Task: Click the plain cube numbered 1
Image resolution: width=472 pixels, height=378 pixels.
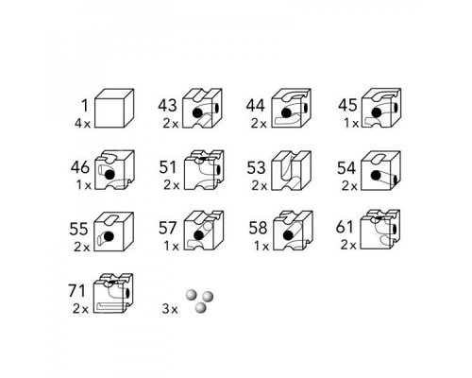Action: tap(114, 108)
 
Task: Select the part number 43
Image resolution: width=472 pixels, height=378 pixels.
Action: tap(167, 105)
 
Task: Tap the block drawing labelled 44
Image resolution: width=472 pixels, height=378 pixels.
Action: tap(292, 108)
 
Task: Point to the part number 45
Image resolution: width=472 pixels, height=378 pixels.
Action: tap(347, 105)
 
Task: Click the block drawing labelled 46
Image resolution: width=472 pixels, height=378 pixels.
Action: tap(114, 170)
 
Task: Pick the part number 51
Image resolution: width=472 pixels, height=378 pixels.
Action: tap(167, 167)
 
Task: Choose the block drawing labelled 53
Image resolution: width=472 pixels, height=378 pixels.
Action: tap(292, 170)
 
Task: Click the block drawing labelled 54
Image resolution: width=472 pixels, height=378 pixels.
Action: tap(380, 170)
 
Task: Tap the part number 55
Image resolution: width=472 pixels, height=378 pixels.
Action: tap(78, 229)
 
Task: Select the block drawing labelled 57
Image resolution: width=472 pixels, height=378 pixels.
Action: tap(204, 231)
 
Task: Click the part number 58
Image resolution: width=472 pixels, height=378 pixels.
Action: tap(258, 228)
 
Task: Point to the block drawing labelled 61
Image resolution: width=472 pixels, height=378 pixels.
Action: tap(380, 230)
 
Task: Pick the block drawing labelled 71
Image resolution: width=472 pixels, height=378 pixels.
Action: tap(113, 293)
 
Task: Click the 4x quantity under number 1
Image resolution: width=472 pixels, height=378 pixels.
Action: tap(82, 124)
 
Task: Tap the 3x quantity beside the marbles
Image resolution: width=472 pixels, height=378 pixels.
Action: tap(170, 309)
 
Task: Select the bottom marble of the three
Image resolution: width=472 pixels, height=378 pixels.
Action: tap(200, 307)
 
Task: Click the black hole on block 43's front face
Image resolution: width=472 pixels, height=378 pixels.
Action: tap(197, 113)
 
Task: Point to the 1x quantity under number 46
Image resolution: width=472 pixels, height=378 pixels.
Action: tap(83, 185)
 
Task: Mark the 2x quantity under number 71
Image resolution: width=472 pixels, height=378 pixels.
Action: tap(80, 309)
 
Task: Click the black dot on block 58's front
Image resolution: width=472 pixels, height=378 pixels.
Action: tap(288, 235)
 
